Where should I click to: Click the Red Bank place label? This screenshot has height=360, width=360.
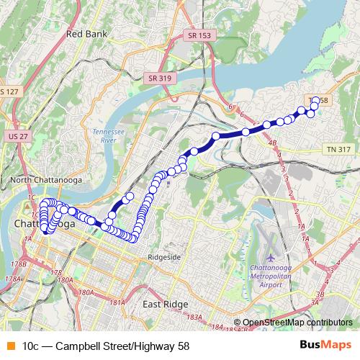[86, 34]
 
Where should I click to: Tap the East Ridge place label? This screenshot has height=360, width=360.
[166, 305]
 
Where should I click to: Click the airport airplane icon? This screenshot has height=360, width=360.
[271, 257]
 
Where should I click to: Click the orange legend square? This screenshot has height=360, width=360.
[10, 346]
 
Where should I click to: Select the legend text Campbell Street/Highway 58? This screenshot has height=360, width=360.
[106, 346]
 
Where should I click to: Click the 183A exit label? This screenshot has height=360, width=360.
[194, 317]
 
